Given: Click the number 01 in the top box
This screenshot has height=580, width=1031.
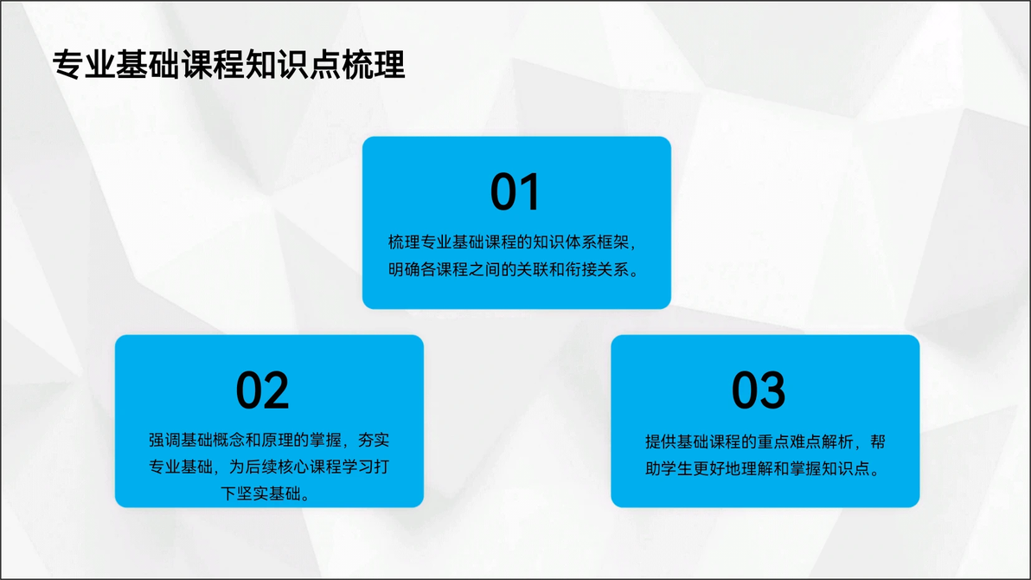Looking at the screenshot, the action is [515, 191].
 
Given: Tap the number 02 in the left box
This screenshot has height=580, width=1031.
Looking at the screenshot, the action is [262, 390].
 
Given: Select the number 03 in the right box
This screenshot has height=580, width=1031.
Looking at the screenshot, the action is [759, 390].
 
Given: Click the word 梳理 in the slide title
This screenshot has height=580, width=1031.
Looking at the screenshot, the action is [373, 65].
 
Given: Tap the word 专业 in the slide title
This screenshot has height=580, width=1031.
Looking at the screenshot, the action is [84, 65].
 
